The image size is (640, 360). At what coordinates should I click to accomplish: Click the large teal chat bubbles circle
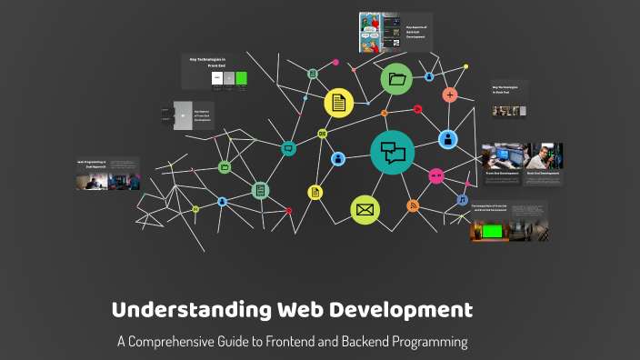click(393, 153)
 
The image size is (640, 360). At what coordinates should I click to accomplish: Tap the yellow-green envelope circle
click(365, 210)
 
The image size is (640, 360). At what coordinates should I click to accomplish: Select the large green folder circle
click(396, 80)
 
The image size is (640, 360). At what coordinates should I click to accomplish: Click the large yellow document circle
click(339, 102)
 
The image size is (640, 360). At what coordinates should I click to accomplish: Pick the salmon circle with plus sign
click(449, 95)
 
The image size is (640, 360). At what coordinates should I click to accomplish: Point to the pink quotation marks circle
click(436, 175)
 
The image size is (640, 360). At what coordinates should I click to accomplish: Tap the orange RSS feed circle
click(413, 205)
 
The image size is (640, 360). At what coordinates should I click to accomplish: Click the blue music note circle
click(462, 199)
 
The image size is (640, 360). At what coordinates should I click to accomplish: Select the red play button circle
click(417, 109)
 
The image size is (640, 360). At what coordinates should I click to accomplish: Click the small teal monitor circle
click(289, 147)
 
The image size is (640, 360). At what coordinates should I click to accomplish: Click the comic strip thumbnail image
click(373, 33)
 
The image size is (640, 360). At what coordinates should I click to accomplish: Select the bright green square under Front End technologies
click(242, 78)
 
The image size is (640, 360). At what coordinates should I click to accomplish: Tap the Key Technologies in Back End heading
click(509, 91)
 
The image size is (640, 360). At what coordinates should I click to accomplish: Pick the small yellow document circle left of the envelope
click(315, 192)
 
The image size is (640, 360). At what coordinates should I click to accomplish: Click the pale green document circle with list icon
click(261, 191)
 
